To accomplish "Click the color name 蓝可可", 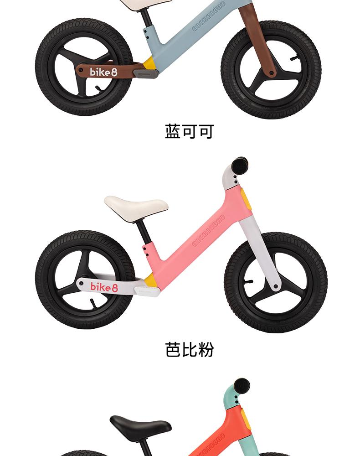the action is click(189, 131).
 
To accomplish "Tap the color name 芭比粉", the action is click(189, 349).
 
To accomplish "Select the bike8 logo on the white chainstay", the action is click(104, 286).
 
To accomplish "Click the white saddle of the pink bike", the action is click(136, 205).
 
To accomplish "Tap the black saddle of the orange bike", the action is click(140, 426).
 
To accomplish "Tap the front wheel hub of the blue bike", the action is click(272, 72).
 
